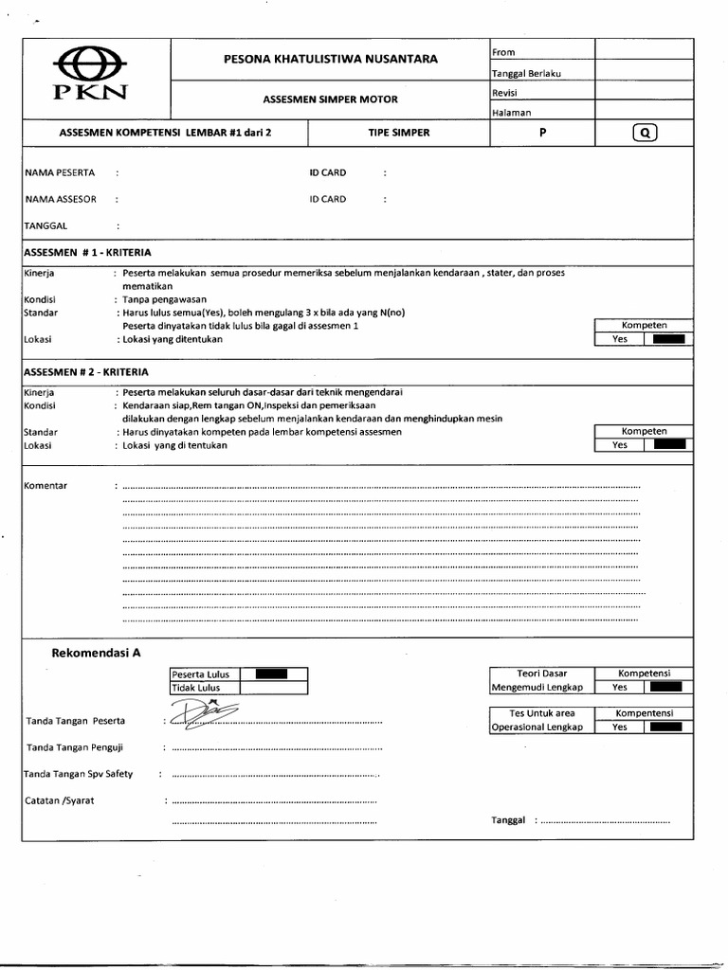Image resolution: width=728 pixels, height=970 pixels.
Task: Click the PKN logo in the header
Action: click(92, 77)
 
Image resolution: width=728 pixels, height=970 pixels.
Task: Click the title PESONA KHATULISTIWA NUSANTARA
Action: click(331, 59)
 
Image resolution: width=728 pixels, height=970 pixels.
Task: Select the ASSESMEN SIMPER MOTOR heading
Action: click(331, 99)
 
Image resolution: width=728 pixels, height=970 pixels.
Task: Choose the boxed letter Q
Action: click(644, 134)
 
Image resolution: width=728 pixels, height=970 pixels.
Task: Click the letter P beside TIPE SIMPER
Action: click(542, 133)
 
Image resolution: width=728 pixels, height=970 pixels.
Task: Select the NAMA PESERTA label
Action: click(54, 173)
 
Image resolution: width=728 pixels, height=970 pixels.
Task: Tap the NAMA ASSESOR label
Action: click(56, 200)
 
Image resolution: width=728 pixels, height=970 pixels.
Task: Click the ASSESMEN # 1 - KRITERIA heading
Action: click(86, 253)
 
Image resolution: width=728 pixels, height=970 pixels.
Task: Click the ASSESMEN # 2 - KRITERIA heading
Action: click(86, 372)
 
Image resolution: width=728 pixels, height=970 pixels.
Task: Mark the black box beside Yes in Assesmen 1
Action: click(668, 339)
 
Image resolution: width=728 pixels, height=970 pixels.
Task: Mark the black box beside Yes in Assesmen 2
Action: click(668, 444)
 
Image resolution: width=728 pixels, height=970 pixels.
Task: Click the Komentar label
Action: click(45, 486)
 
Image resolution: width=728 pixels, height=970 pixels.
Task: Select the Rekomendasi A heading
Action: click(96, 653)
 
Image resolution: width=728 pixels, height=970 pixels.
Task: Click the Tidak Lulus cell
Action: click(204, 688)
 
